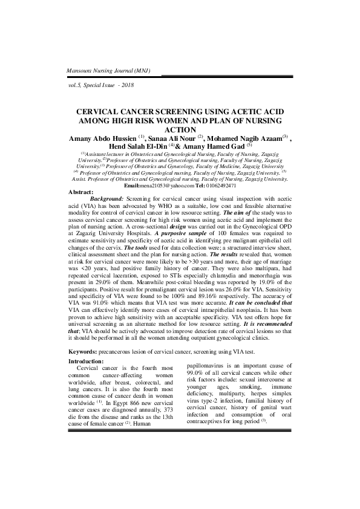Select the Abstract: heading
point(82,192)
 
